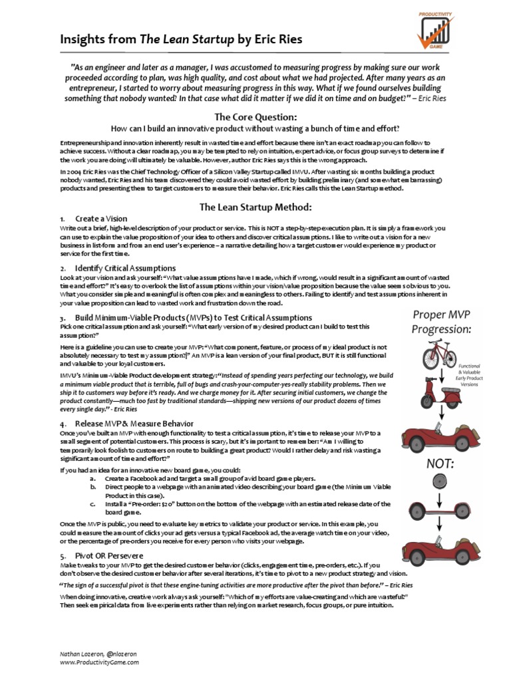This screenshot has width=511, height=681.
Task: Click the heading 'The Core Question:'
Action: coord(255,117)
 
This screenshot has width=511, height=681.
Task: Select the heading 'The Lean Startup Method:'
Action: coord(255,206)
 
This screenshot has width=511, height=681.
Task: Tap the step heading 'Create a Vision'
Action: coord(101,219)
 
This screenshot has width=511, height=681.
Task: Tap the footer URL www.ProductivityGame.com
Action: coord(99,662)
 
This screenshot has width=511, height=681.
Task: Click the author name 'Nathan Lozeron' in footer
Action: coord(79,654)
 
